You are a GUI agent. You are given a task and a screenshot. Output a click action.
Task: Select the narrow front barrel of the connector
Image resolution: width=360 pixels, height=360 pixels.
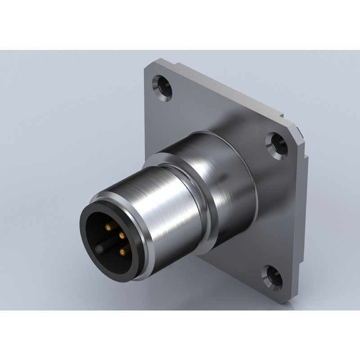point(171,216)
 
